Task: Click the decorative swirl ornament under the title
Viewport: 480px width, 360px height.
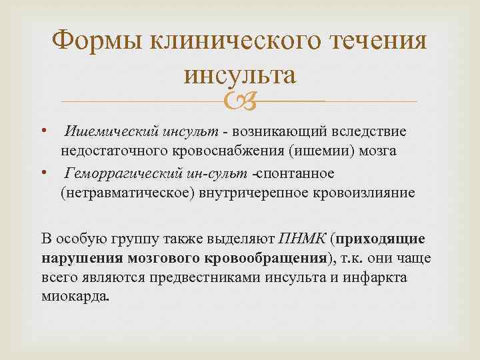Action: (239, 101)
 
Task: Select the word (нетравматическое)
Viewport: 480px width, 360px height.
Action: (119, 193)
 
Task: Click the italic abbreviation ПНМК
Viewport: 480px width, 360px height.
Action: (305, 239)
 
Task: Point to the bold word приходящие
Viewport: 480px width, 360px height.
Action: (381, 239)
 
